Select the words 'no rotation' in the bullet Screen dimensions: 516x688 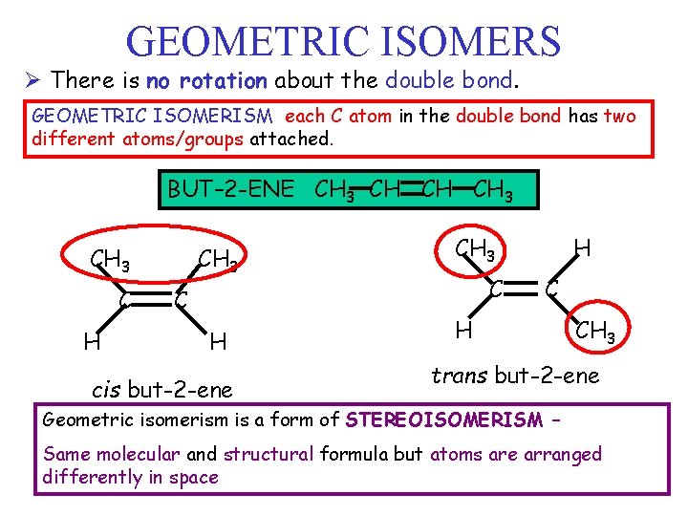[204, 79]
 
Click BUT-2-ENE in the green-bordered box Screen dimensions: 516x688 [231, 188]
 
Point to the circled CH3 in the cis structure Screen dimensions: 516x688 [111, 259]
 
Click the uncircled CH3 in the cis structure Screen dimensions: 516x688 [217, 259]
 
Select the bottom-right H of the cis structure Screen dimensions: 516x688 [218, 339]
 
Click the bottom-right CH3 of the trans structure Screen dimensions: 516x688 [596, 333]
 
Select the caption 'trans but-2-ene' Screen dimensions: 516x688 [515, 376]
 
